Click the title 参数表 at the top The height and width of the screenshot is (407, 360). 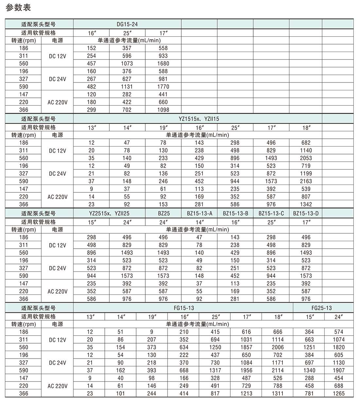pos(18,8)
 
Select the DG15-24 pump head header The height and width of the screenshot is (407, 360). pos(127,24)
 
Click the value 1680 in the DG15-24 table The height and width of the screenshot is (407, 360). pos(163,63)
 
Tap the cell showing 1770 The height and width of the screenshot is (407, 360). pos(163,87)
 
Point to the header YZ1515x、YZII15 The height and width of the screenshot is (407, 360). pos(199,119)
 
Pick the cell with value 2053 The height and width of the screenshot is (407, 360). pos(306,158)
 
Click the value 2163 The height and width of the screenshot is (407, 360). pos(306,181)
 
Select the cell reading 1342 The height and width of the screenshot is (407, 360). pos(306,204)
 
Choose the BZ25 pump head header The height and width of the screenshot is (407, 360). pos(163,213)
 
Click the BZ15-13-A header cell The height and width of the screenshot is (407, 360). pos(199,213)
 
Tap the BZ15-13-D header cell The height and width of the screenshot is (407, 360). pos(306,213)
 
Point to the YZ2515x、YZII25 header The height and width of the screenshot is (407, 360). pos(109,213)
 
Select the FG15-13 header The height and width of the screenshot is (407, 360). pos(184,308)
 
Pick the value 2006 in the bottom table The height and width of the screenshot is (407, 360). pos(278,347)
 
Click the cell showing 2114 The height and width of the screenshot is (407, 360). pos(278,370)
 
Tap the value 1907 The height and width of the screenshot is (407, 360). pos(338,370)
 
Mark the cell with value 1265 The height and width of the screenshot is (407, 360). pos(338,394)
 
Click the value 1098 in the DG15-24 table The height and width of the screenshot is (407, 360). pos(163,110)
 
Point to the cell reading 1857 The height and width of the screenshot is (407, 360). pos(246,347)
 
